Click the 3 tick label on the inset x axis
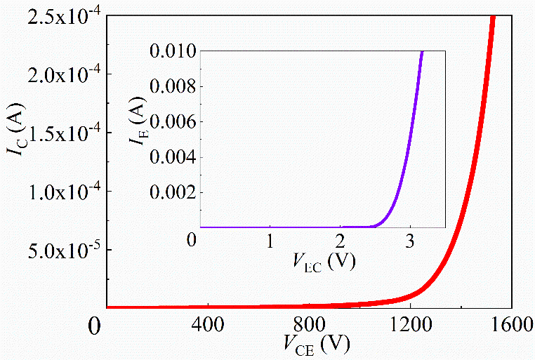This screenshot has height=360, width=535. (x=410, y=241)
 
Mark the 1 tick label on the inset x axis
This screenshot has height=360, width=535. (x=270, y=241)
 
